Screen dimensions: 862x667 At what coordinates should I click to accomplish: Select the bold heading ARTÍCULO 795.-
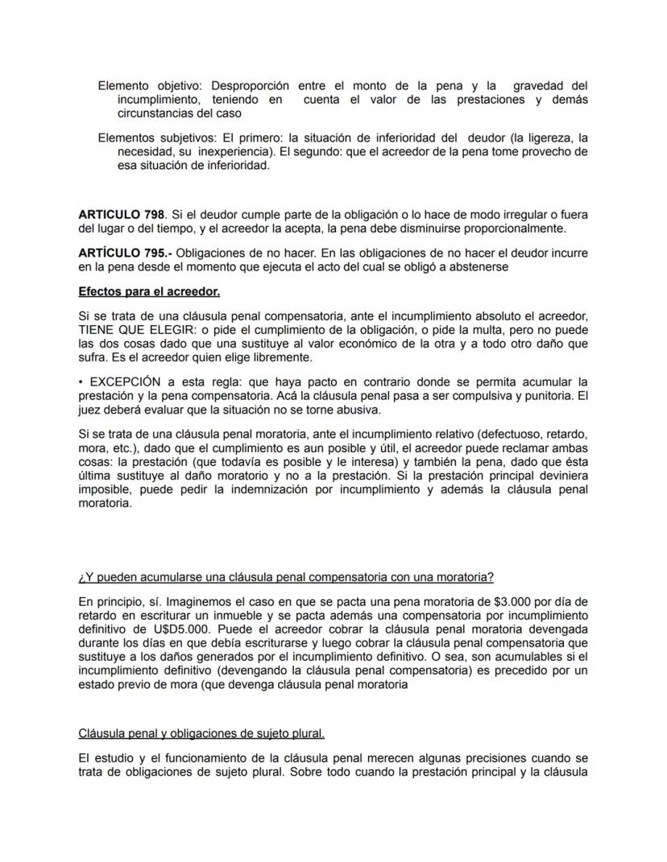(124, 254)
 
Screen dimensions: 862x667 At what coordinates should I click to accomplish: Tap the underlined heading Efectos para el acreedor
(149, 291)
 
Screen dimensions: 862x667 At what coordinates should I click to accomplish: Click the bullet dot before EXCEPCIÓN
(81, 381)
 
